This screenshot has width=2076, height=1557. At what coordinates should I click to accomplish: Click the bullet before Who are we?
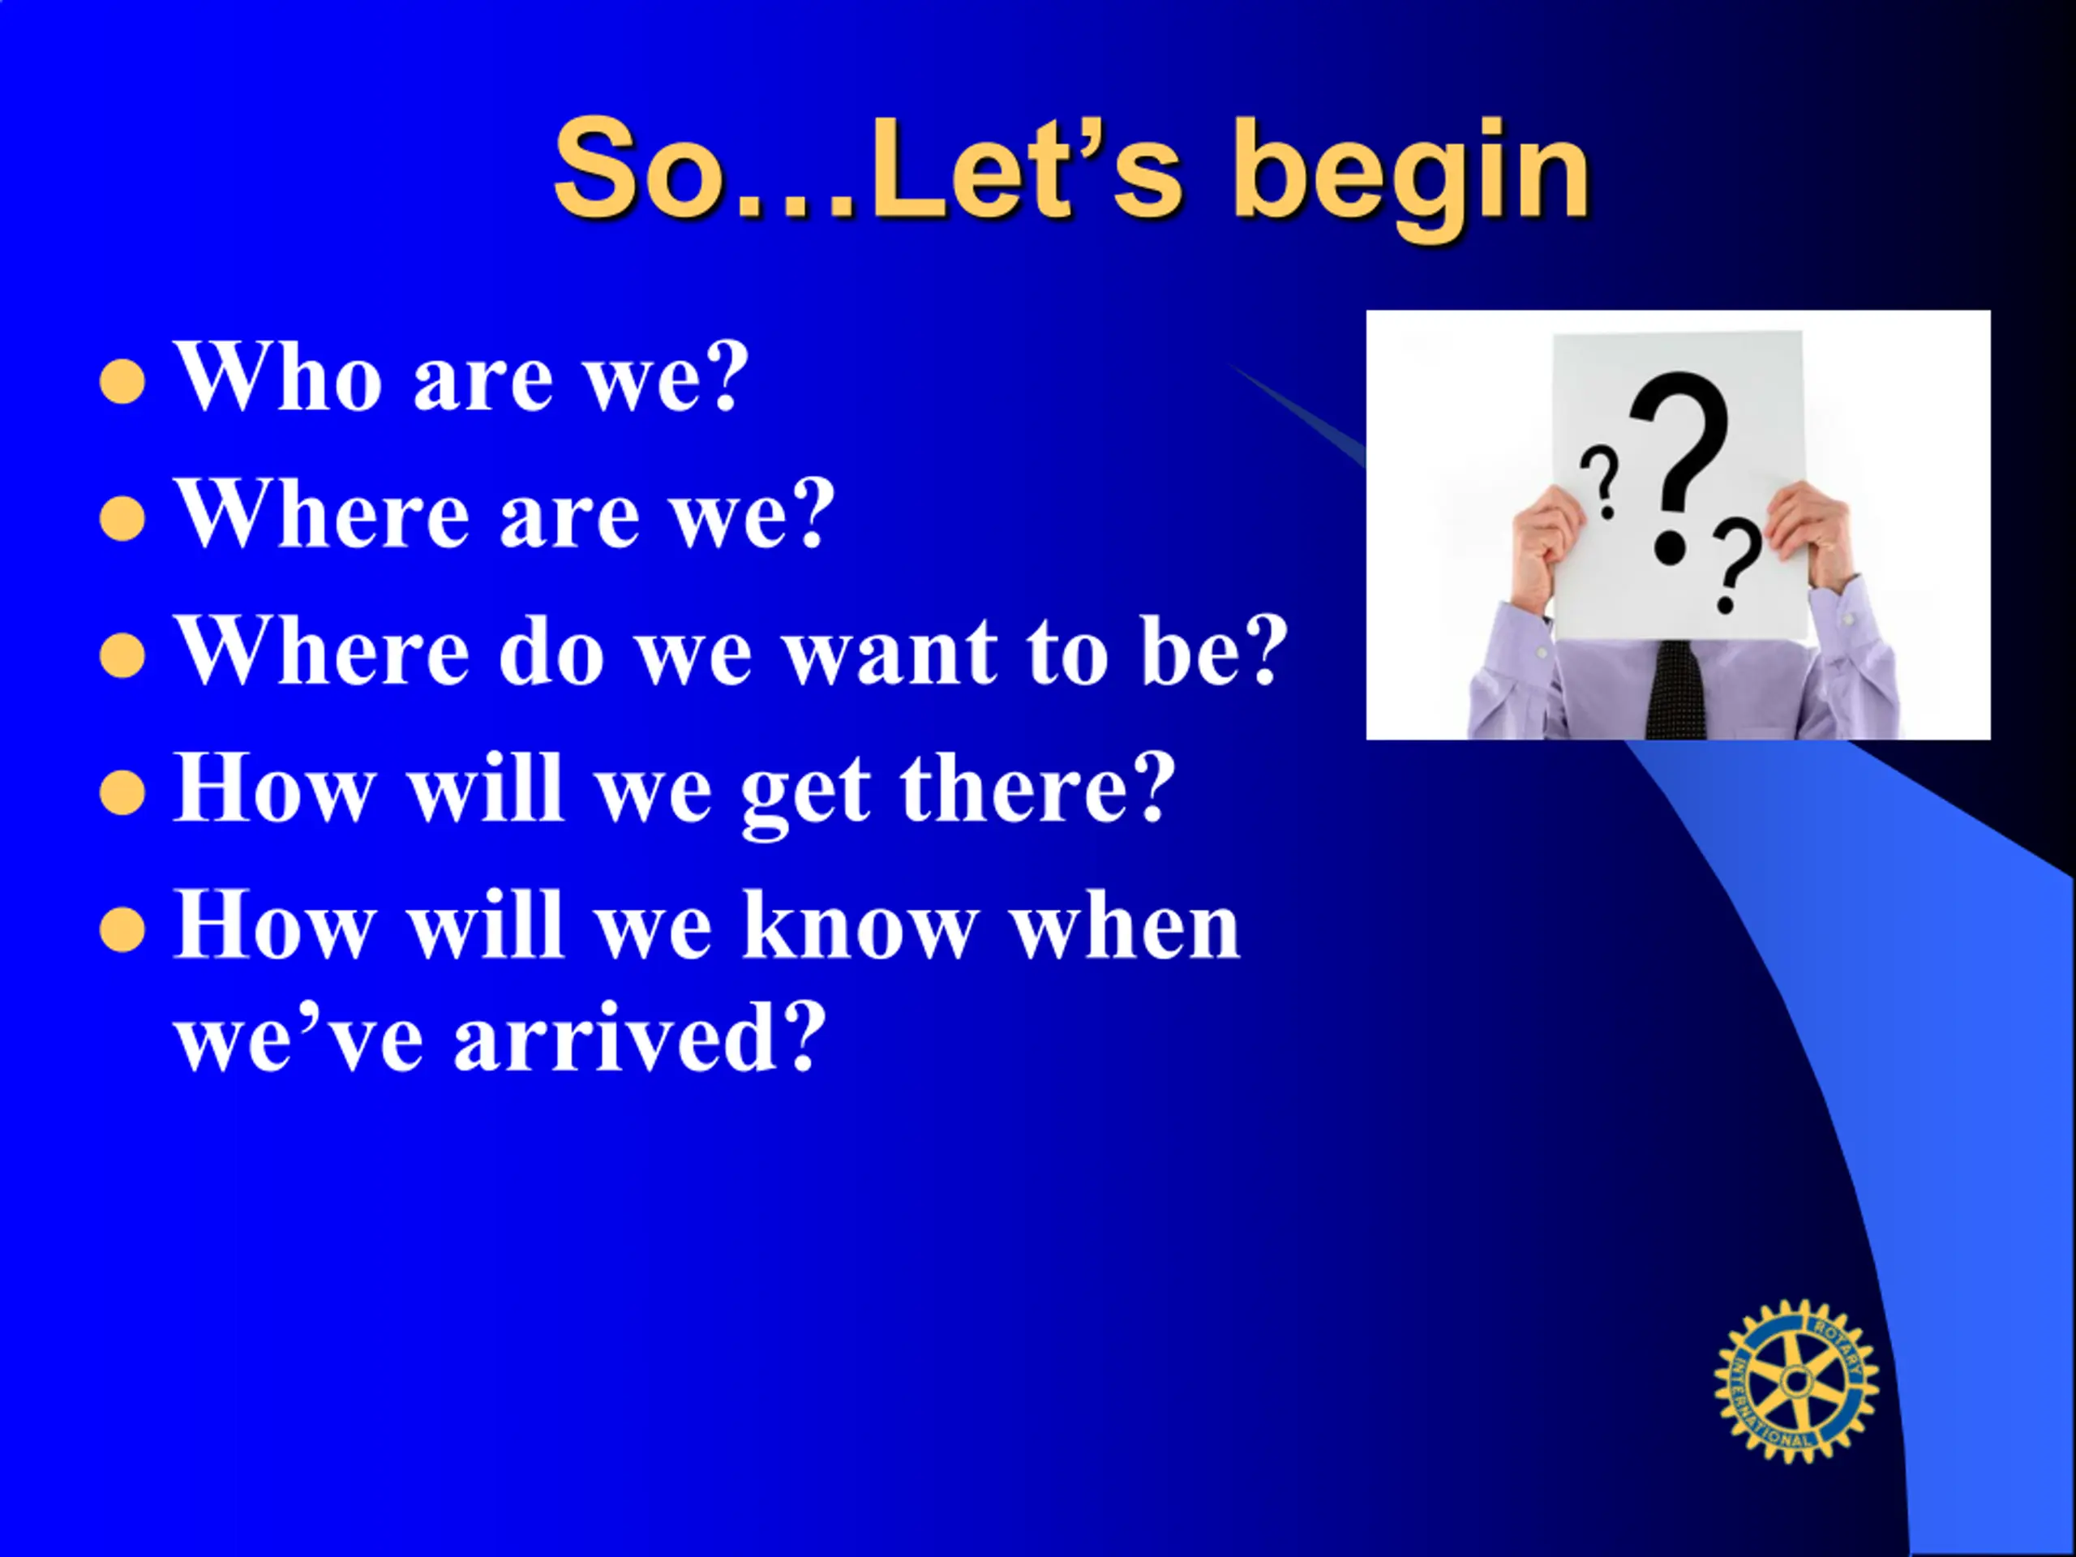coord(122,381)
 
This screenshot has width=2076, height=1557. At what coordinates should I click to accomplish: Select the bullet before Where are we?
coord(122,519)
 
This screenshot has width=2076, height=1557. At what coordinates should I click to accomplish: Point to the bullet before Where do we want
coord(122,655)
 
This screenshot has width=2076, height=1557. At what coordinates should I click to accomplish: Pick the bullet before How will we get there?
coord(122,793)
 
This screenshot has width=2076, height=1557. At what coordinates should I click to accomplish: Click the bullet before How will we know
coord(122,930)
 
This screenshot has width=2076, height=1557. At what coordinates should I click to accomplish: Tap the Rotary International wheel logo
coord(1796,1380)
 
